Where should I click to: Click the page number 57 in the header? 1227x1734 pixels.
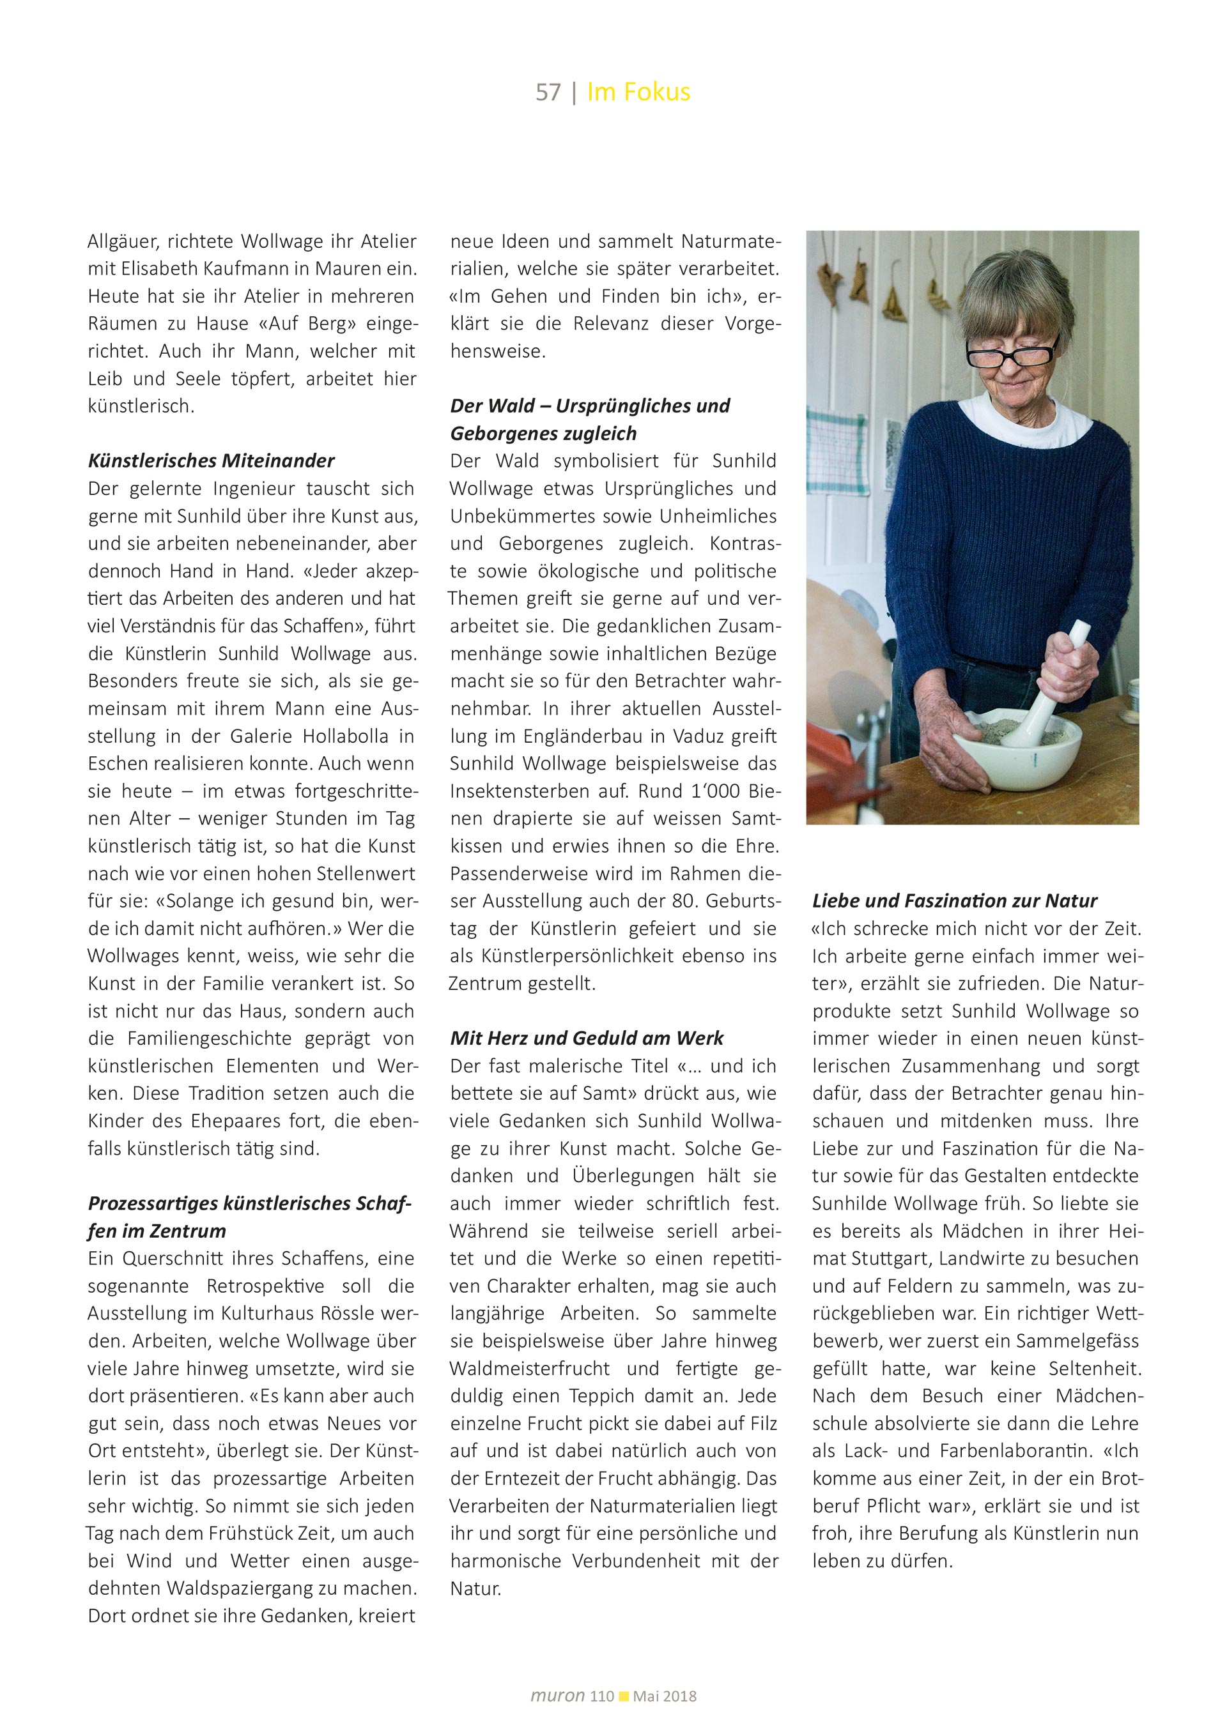pos(548,92)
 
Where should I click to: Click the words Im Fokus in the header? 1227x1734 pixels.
pos(638,92)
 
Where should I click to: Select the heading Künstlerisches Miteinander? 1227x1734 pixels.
pos(212,460)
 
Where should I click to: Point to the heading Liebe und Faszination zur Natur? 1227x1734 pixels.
pos(955,901)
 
